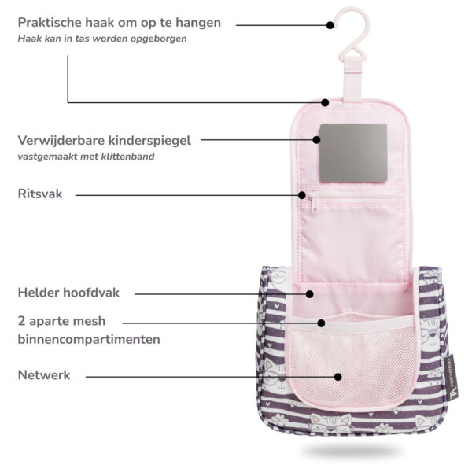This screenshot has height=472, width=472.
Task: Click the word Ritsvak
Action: click(40, 194)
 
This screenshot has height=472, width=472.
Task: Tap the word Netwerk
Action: click(44, 375)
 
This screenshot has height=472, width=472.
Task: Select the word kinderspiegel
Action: click(149, 141)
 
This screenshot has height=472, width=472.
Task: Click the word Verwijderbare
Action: click(61, 141)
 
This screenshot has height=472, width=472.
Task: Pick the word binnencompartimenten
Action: click(89, 340)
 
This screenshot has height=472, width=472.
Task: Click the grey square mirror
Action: click(353, 153)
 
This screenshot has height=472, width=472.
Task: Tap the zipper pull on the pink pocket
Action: click(313, 204)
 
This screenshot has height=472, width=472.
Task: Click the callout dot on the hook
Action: click(330, 25)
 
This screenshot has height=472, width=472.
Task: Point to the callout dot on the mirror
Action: click(316, 140)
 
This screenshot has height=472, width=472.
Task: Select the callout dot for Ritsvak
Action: click(302, 195)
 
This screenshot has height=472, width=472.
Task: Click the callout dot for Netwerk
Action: click(338, 377)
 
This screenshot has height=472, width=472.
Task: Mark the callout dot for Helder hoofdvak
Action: click(310, 294)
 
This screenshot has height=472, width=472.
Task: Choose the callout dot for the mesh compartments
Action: click(321, 323)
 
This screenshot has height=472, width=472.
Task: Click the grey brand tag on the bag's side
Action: click(451, 378)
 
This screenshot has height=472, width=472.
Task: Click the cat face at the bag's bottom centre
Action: click(331, 422)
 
